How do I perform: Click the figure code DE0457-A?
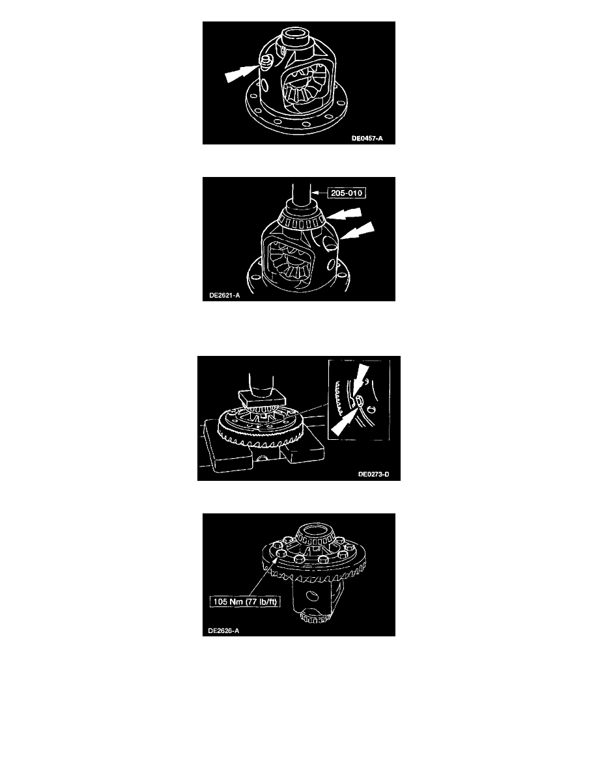pyautogui.click(x=367, y=139)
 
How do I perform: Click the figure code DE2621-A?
pyautogui.click(x=225, y=295)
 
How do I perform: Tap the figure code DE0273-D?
pyautogui.click(x=373, y=474)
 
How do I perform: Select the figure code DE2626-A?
pyautogui.click(x=223, y=631)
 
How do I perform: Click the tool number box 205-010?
pyautogui.click(x=347, y=193)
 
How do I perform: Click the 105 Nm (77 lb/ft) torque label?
pyautogui.click(x=245, y=601)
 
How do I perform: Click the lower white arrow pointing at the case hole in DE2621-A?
pyautogui.click(x=356, y=231)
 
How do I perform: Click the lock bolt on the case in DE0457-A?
pyautogui.click(x=266, y=62)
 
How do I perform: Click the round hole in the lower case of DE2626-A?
pyautogui.click(x=310, y=597)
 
